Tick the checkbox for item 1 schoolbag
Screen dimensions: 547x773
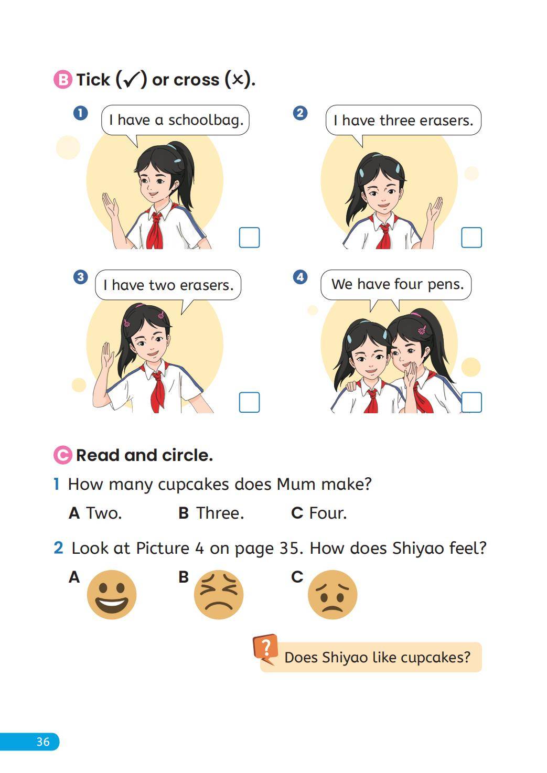pyautogui.click(x=249, y=238)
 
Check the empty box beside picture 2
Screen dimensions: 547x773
pyautogui.click(x=471, y=238)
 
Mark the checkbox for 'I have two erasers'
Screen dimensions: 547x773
pyautogui.click(x=249, y=402)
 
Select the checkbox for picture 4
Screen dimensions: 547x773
pyautogui.click(x=471, y=402)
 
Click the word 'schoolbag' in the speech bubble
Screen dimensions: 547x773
pyautogui.click(x=206, y=121)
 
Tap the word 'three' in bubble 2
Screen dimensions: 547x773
pyautogui.click(x=397, y=121)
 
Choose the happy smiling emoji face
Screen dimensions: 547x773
pyautogui.click(x=112, y=594)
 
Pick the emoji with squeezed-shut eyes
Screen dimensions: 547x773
pyautogui.click(x=219, y=594)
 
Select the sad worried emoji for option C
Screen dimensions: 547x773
pyautogui.click(x=333, y=594)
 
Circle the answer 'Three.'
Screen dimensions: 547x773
pyautogui.click(x=220, y=513)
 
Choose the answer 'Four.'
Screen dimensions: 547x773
pyautogui.click(x=328, y=513)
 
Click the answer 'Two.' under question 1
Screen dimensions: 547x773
pyautogui.click(x=104, y=513)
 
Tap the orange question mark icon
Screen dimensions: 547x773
pyautogui.click(x=265, y=649)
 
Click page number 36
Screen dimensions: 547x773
pyautogui.click(x=43, y=742)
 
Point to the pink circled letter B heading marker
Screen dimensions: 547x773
pyautogui.click(x=63, y=80)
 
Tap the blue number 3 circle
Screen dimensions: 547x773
pyautogui.click(x=80, y=277)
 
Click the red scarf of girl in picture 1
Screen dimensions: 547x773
pyautogui.click(x=155, y=230)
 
